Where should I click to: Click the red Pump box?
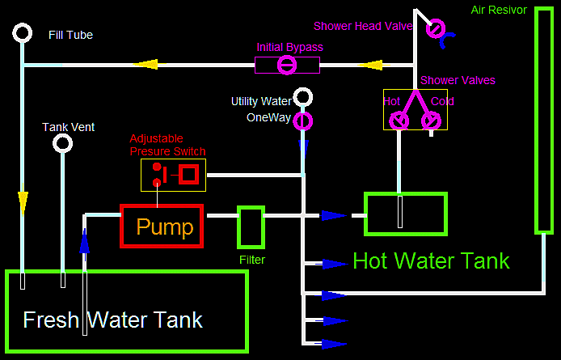click(x=162, y=226)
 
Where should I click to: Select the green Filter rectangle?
click(x=251, y=227)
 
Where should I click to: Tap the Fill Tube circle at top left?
click(x=23, y=33)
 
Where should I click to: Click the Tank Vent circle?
click(x=62, y=144)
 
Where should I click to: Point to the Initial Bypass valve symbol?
click(x=287, y=65)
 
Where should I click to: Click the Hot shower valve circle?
click(x=399, y=121)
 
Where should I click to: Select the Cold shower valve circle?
click(x=432, y=121)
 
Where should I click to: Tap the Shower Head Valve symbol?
click(x=436, y=29)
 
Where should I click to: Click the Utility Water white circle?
click(x=303, y=99)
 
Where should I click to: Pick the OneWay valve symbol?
click(x=303, y=121)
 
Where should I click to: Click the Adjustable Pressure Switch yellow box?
click(x=173, y=175)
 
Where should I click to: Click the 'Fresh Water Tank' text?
click(x=112, y=319)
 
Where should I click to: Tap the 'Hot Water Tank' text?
click(x=431, y=260)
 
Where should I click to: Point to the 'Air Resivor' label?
click(x=498, y=11)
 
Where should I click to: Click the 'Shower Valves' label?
click(x=458, y=80)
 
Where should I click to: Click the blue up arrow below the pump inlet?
click(x=84, y=240)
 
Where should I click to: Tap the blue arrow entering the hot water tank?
click(x=334, y=215)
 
